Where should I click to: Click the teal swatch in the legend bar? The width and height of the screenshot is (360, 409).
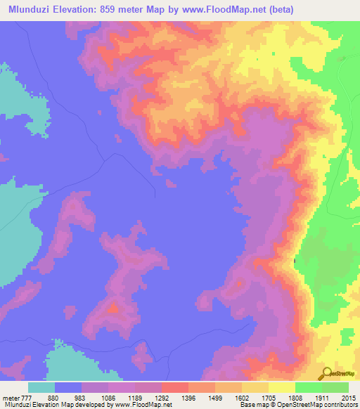point(41,387)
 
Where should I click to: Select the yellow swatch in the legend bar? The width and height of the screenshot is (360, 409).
point(281,387)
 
